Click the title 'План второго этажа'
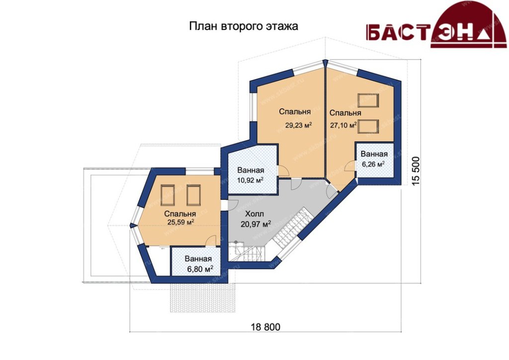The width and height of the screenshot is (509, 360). point(244,26)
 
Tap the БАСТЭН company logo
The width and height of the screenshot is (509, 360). point(436,25)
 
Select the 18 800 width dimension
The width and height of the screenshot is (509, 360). point(265,327)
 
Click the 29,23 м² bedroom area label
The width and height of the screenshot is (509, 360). point(298,125)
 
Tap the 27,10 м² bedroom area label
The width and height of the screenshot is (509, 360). point(343,125)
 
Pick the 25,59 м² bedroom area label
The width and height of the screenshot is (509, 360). point(180,222)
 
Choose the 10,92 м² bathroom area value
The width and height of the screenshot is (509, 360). point(250,180)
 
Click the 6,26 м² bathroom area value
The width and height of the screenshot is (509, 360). point(373,164)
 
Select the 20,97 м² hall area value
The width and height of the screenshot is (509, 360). point(256,224)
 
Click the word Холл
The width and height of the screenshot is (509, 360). point(254,214)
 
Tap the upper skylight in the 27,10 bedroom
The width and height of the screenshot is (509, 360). point(368,100)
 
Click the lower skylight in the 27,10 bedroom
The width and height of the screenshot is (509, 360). point(368,127)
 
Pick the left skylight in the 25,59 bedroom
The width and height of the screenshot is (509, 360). point(168,195)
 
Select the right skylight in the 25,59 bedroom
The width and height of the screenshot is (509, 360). point(193,195)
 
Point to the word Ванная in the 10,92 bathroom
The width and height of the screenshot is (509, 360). point(251,171)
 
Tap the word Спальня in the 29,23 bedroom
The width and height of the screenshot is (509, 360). point(295,112)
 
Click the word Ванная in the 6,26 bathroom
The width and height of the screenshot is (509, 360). point(374,154)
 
